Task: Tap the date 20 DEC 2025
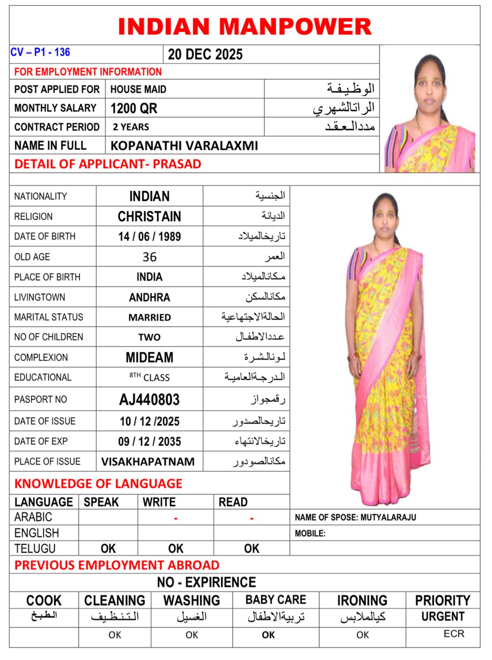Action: pos(205,54)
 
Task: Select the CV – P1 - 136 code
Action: pos(40,52)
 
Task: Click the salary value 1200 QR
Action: pos(134,108)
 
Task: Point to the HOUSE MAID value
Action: pos(138,90)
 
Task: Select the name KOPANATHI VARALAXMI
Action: pos(184,146)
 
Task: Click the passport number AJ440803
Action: pos(149,399)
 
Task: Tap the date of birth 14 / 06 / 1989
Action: pos(149,236)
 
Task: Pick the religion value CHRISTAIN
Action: pos(149,217)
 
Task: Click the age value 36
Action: pos(149,257)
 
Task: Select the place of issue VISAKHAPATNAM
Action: pos(148,462)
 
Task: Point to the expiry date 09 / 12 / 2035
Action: pos(149,442)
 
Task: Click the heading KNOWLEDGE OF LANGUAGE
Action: pos(98,483)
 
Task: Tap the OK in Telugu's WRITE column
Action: pos(175,549)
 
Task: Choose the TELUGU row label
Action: pos(35,549)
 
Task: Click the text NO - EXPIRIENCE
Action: pos(206,582)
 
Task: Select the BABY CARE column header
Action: pos(276,600)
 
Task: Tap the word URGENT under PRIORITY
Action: pos(442,617)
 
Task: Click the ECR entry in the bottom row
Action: pos(454,634)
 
